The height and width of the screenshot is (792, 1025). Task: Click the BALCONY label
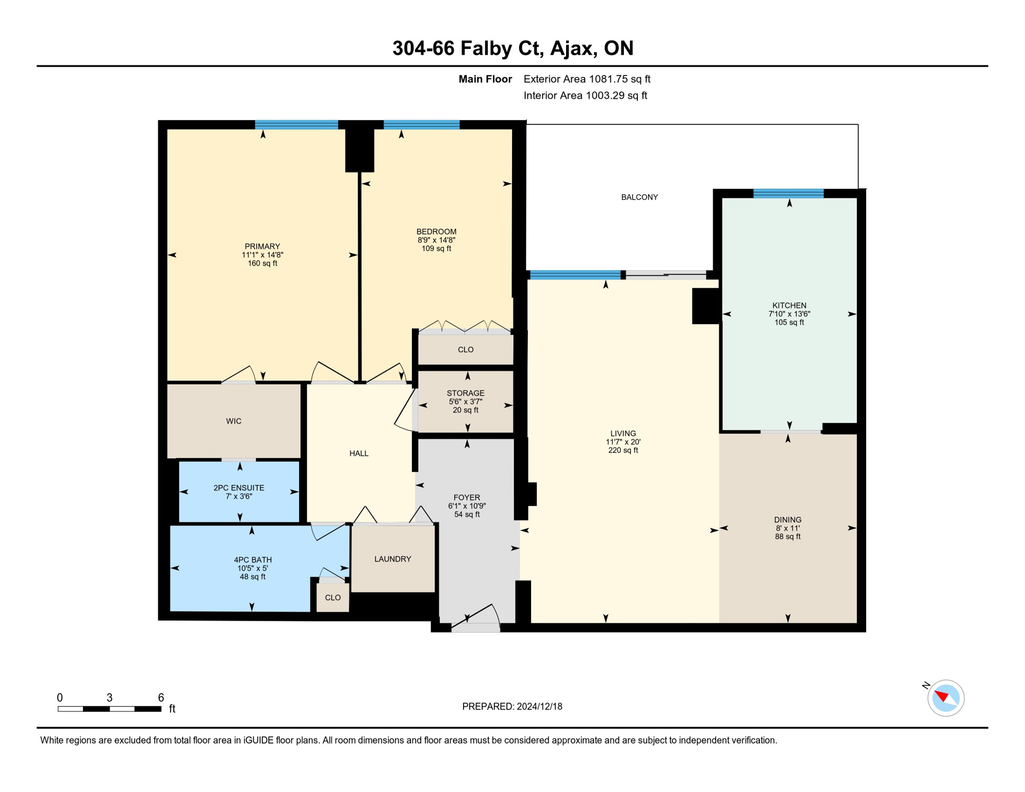click(639, 197)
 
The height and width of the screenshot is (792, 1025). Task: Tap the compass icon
click(945, 698)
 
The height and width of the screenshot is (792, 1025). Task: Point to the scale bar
click(109, 709)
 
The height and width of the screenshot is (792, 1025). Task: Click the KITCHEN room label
click(789, 305)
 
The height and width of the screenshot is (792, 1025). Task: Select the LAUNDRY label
click(392, 559)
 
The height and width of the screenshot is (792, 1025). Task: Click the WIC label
click(234, 421)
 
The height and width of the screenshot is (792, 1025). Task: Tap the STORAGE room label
click(466, 393)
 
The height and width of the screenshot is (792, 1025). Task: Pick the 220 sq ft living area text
click(623, 450)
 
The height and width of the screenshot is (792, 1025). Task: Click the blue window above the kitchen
click(788, 194)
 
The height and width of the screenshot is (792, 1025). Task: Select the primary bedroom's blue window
click(296, 125)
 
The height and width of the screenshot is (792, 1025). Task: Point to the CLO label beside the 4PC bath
click(333, 598)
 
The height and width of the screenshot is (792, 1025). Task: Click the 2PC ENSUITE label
click(239, 488)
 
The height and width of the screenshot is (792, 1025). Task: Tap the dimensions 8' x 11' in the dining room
click(787, 528)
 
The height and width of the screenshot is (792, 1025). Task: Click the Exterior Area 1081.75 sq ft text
click(587, 79)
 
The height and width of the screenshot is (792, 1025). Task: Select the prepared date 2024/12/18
click(539, 706)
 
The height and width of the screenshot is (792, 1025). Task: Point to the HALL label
click(359, 453)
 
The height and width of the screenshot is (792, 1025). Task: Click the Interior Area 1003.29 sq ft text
click(585, 95)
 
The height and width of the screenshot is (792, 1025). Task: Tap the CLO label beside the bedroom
click(466, 350)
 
